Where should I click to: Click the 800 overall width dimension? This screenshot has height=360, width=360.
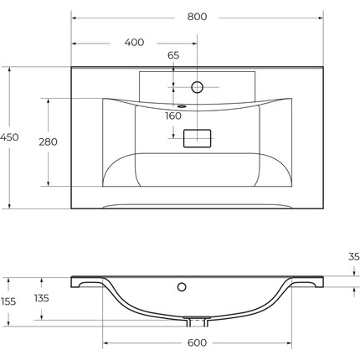[197, 17]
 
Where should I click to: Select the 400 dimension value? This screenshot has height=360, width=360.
[134, 43]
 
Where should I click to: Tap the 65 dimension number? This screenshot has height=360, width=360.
[173, 55]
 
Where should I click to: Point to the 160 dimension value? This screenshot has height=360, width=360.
[173, 116]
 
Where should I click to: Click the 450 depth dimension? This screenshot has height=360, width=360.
[9, 137]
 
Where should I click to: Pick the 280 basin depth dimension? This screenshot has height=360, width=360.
[48, 142]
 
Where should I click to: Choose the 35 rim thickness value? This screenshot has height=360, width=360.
[354, 257]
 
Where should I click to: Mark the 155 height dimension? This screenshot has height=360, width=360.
[8, 301]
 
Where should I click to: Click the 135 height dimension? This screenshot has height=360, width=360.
[42, 298]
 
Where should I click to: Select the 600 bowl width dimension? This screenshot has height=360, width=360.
[197, 342]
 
